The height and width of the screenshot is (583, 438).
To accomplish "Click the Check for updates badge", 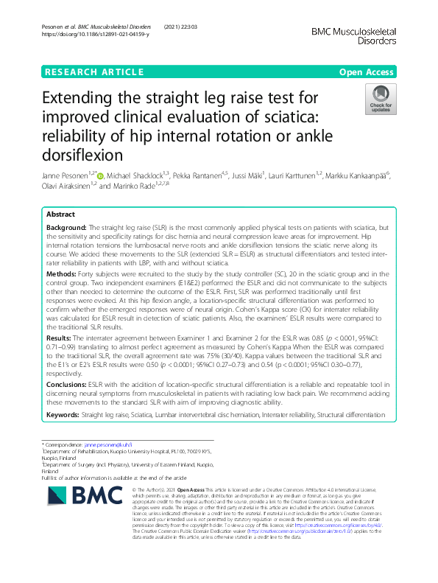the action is point(381,99).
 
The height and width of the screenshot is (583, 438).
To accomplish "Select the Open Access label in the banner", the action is point(368,71).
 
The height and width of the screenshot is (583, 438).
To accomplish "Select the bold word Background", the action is point(67,229).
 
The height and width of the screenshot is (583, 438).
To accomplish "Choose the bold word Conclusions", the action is point(68,384).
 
